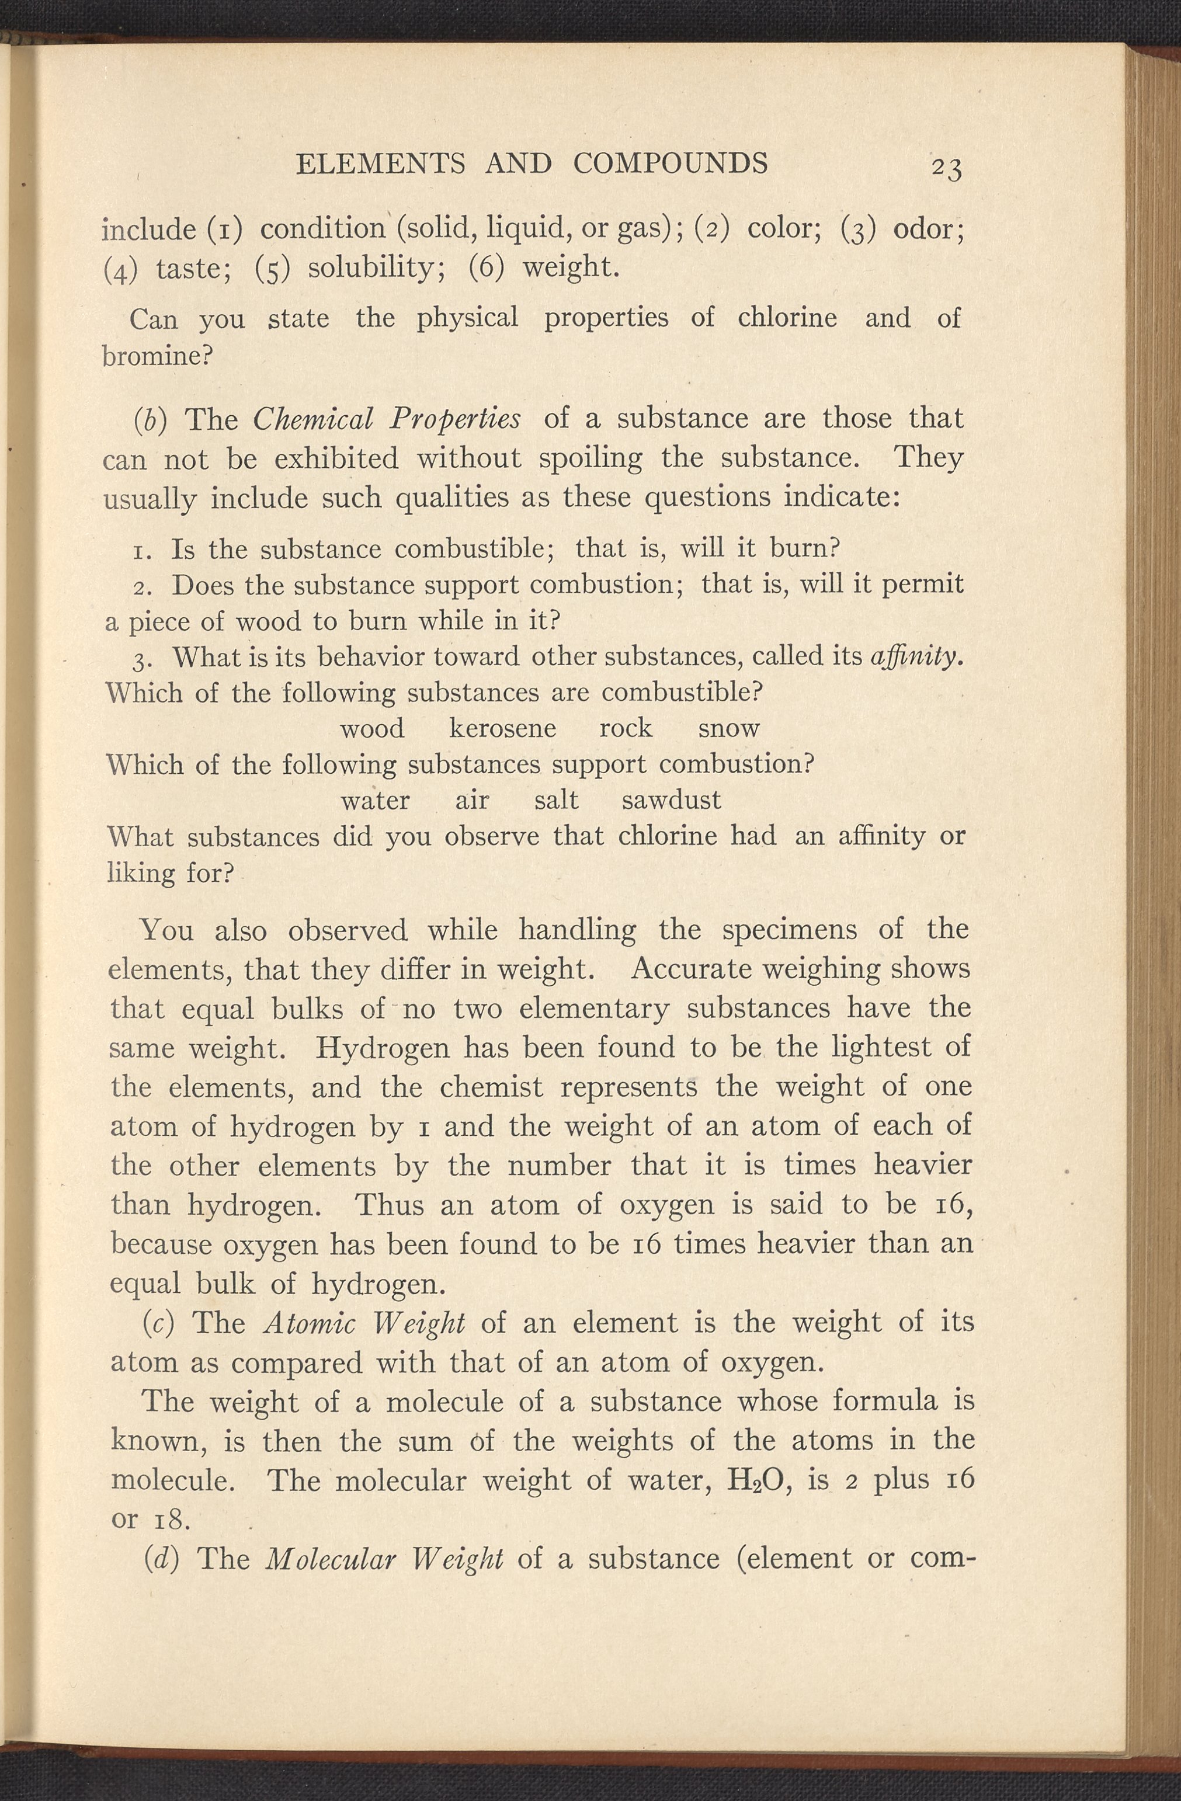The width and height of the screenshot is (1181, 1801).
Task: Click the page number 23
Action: (x=946, y=168)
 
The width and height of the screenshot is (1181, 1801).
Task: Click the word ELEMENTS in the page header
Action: (x=380, y=164)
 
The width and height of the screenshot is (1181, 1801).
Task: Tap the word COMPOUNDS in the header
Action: (x=670, y=164)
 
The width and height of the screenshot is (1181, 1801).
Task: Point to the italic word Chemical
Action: (x=312, y=419)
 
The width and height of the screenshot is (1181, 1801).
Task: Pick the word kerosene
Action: (x=503, y=728)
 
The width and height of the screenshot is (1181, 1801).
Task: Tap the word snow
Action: (x=728, y=728)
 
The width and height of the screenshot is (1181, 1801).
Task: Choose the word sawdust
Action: (x=671, y=800)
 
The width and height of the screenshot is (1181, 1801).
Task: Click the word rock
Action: (x=626, y=728)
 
